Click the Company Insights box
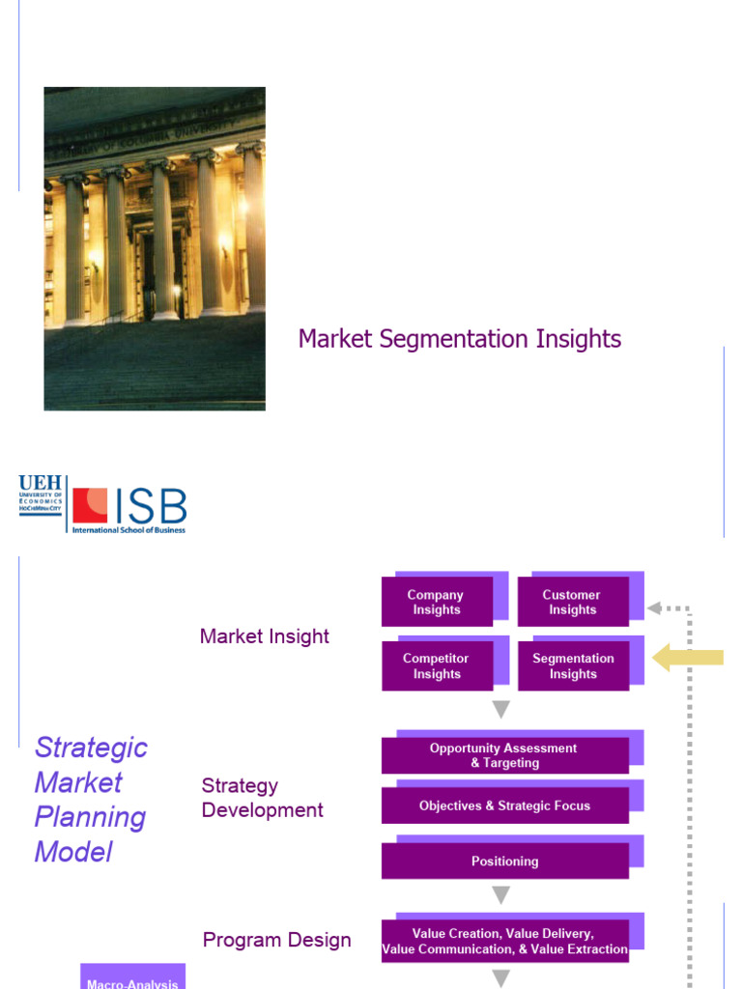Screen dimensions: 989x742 [436, 603]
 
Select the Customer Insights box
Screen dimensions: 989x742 [573, 603]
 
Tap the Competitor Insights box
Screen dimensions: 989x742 [436, 666]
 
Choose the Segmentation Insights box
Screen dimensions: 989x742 [573, 666]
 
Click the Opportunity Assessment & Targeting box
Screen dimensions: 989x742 [504, 755]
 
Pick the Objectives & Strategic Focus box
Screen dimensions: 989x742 [504, 805]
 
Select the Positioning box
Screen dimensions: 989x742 [504, 861]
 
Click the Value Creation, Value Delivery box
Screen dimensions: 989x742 [504, 941]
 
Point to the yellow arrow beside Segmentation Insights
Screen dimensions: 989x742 [687, 659]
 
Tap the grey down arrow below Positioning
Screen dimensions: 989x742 [500, 895]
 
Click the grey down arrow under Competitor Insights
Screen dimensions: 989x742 [500, 710]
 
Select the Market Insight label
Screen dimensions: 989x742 [264, 636]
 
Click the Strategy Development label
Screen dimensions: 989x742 [262, 798]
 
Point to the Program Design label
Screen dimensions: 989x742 [276, 940]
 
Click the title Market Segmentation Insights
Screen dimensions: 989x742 [459, 339]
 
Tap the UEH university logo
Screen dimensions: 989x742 [41, 494]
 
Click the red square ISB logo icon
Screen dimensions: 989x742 [90, 505]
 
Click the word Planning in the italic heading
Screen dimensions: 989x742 [90, 817]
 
